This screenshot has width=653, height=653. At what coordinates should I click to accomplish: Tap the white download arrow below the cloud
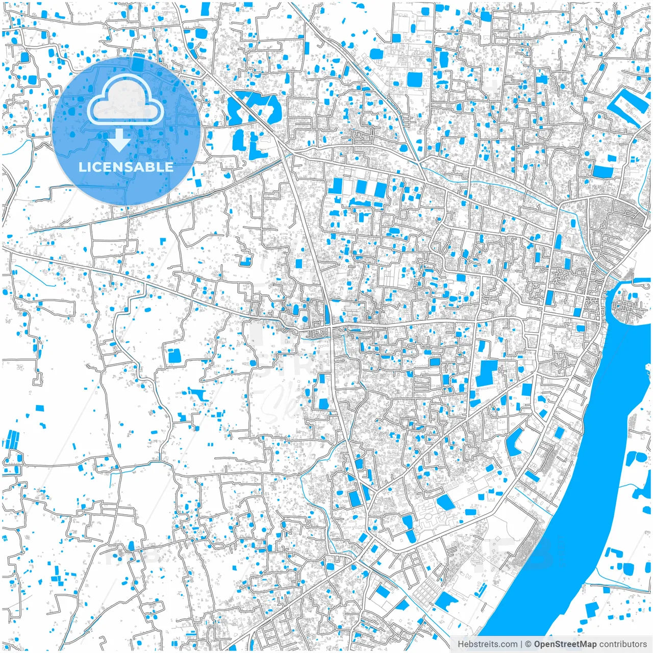[119, 141]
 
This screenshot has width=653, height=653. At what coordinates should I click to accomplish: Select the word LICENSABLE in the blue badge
[125, 167]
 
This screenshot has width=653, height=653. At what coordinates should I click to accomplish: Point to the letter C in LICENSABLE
[96, 167]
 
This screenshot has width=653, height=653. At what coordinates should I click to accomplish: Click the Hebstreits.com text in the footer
[487, 644]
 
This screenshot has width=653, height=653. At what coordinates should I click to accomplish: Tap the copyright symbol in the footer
[529, 644]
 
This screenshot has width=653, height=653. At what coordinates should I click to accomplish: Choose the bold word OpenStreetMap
[565, 644]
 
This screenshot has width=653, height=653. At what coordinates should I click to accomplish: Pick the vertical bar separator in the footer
[521, 644]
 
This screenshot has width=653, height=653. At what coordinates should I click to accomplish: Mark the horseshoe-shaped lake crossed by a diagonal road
[254, 108]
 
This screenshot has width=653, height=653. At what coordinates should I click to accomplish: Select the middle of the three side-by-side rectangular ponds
[361, 187]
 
